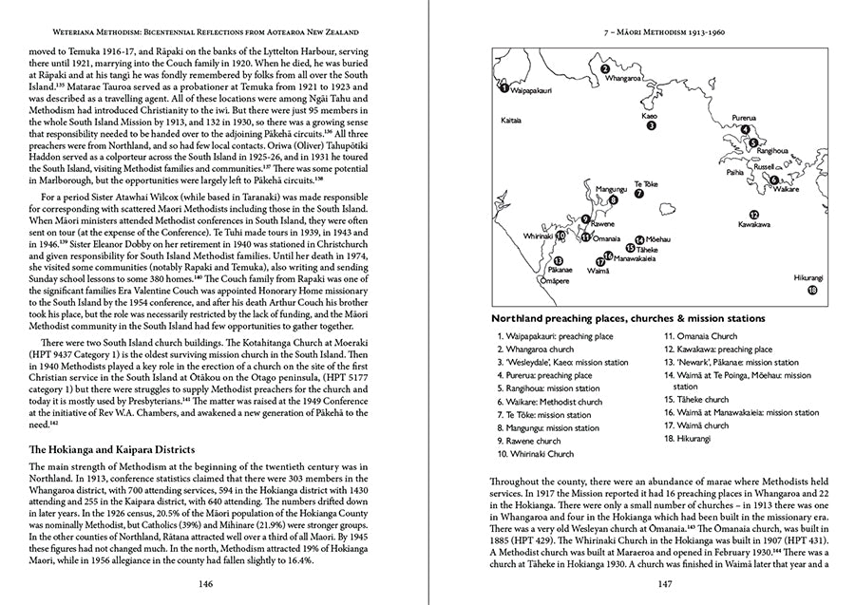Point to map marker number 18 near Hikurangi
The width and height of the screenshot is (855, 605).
811,291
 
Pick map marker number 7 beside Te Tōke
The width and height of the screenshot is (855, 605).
639,193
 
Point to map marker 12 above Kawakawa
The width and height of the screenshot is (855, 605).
753,215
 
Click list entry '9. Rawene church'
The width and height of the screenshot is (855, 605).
529,441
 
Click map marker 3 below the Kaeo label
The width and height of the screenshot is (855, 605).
651,124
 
